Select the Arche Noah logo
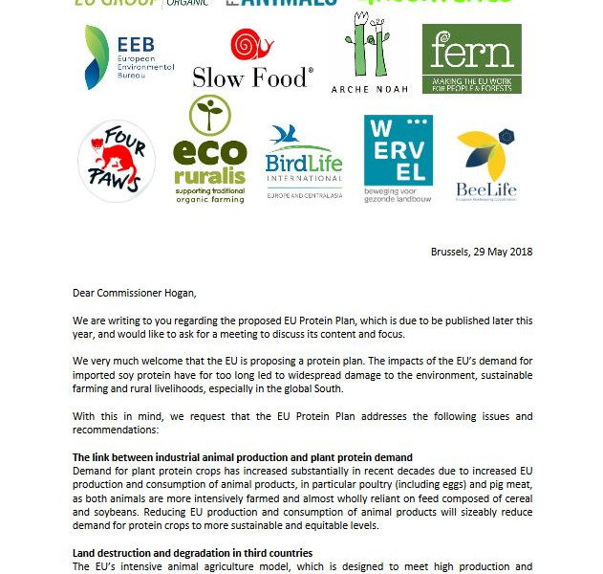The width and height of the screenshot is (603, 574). coord(369,55)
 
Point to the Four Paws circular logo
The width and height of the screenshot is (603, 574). coord(117,161)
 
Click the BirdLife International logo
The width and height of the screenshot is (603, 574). coord(304,159)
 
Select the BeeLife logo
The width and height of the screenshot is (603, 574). coord(486,163)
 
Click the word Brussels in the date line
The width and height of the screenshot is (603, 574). coord(450,252)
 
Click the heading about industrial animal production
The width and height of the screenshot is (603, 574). coord(243,457)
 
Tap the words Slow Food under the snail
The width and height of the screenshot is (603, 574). coord(252,77)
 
